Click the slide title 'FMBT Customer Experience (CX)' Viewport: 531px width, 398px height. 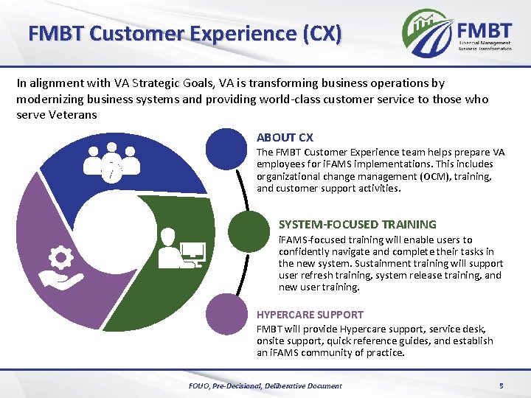click(184, 33)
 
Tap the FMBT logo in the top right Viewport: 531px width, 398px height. click(457, 33)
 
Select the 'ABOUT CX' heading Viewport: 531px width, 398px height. click(285, 137)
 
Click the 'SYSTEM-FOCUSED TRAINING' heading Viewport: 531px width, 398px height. click(357, 224)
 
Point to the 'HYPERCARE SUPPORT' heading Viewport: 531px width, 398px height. click(310, 314)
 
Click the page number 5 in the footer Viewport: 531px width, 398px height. click(501, 385)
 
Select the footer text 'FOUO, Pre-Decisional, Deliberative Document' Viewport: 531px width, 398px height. click(265, 385)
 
